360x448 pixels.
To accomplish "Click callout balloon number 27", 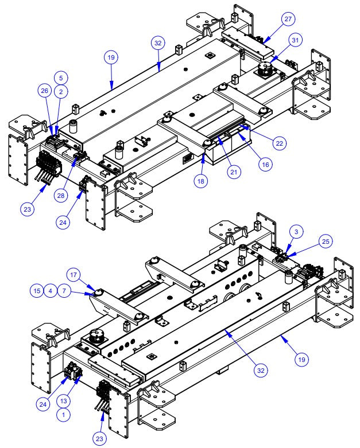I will coord(288,19).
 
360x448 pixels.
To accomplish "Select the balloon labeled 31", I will coord(295,41).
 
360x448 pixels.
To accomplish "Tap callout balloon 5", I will coord(61,77).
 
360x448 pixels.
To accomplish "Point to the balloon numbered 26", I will coord(44,91).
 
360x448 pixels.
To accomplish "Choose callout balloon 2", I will coord(61,91).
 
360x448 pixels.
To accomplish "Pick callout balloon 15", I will coord(37,291).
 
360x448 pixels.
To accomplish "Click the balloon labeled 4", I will coord(51,291).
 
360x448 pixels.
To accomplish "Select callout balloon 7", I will coord(65,291).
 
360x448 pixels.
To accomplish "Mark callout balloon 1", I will coord(64,412).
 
